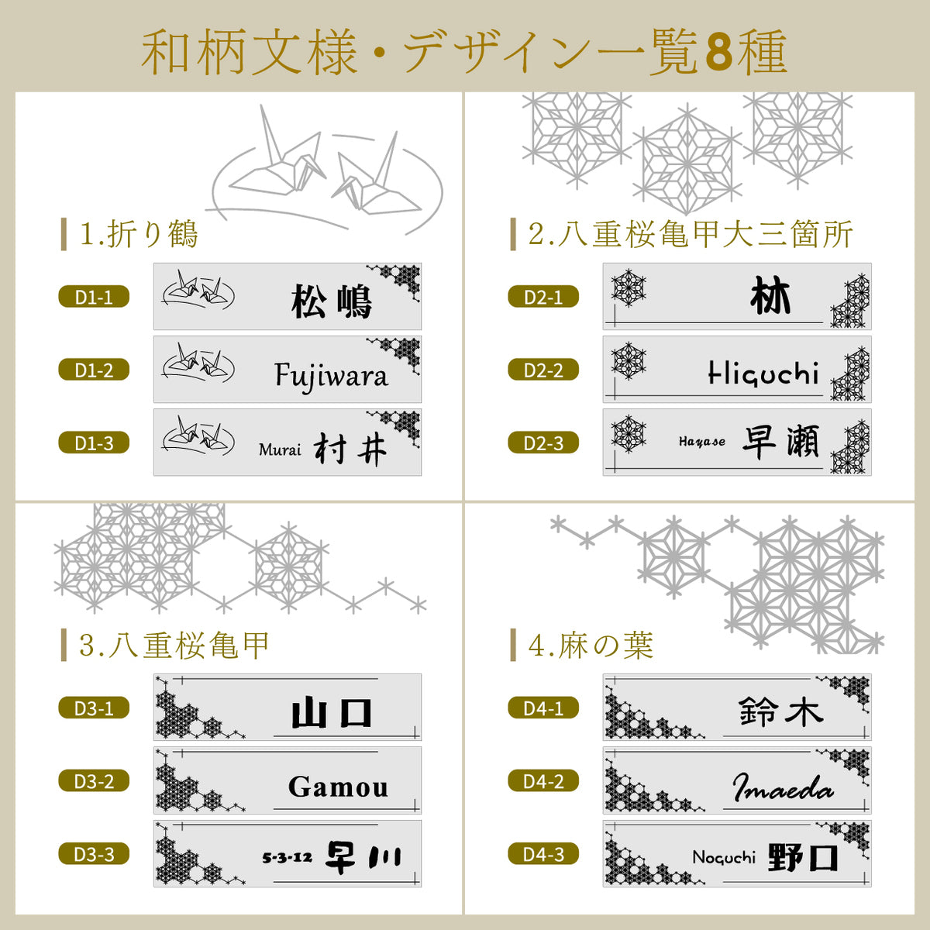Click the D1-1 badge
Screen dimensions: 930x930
click(94, 297)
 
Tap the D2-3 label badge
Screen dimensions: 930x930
click(543, 443)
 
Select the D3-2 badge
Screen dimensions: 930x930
click(94, 781)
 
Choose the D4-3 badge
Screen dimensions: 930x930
click(543, 855)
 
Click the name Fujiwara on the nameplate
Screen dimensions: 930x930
click(331, 376)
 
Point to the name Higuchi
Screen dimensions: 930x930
click(763, 373)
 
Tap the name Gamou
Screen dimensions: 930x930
click(338, 787)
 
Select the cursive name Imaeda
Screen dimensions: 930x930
click(783, 788)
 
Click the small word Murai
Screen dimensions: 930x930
click(280, 449)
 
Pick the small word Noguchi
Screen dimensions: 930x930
click(724, 857)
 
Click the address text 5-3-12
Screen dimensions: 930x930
click(287, 857)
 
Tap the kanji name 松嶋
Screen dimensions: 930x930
click(332, 301)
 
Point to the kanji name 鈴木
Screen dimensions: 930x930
click(780, 711)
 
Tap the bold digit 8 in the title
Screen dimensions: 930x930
click(719, 53)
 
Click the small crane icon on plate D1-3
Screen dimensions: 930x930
click(198, 439)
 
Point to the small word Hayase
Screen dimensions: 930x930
click(702, 442)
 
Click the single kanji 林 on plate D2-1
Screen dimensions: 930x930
click(770, 297)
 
